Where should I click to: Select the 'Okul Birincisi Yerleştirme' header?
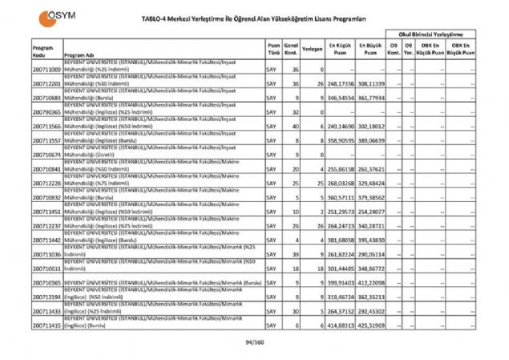[433, 35]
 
